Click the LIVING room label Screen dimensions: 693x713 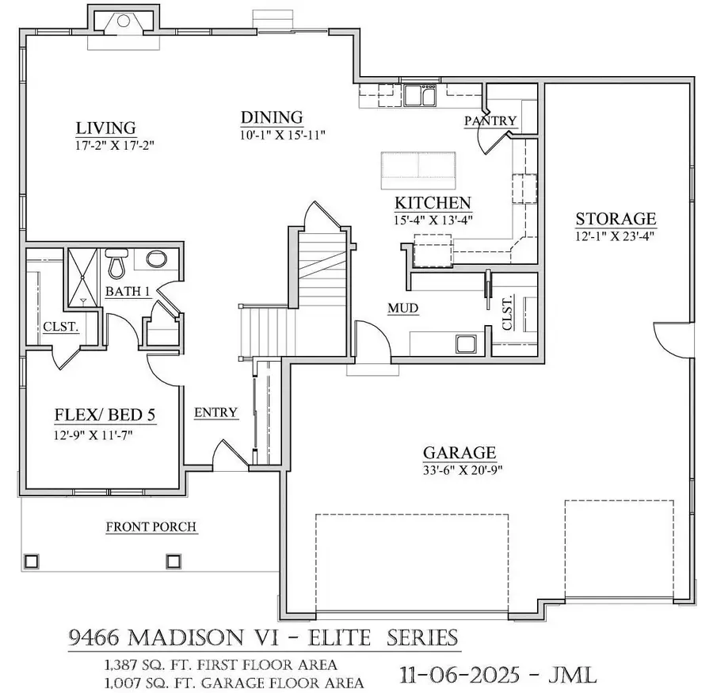(x=105, y=128)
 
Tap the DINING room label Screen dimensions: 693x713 (x=272, y=118)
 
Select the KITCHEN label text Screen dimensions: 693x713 (x=433, y=203)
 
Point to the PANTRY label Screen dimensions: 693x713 (x=490, y=121)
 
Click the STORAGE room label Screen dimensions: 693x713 (x=616, y=219)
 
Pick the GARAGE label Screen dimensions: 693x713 (x=459, y=453)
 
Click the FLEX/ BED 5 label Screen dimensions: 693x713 (x=105, y=415)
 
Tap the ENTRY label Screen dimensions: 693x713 (x=215, y=412)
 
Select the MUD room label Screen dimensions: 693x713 (x=402, y=308)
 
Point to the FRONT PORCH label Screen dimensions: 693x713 (x=151, y=526)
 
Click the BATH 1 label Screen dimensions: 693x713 (x=128, y=292)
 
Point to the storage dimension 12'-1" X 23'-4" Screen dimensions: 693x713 (x=616, y=235)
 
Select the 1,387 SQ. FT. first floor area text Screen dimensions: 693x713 (x=218, y=664)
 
